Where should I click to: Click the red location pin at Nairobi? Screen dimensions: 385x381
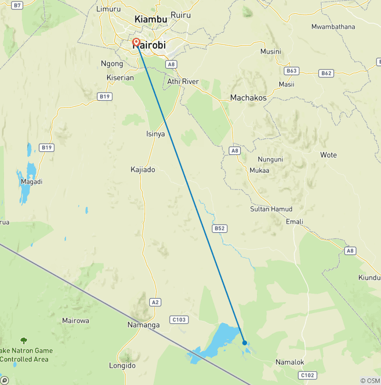coord(136,43)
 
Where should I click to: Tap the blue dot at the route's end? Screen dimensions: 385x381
coord(245,342)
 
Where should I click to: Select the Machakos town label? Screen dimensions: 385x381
coord(248,98)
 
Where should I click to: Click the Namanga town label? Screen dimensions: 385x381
coord(143,325)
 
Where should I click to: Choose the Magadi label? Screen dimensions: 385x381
coord(32,182)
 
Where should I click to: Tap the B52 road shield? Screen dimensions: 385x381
coord(219,229)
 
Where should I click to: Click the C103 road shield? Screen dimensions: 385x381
coord(179,320)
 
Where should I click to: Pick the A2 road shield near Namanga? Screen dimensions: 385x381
coord(156,302)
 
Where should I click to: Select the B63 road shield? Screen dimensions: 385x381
coord(291,71)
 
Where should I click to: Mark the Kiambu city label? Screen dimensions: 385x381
coord(151,19)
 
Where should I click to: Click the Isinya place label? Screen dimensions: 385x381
coord(155,134)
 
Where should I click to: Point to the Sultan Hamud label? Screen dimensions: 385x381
coord(271,209)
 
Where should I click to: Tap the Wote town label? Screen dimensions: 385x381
coord(328,155)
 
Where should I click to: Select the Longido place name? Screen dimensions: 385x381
coord(122,366)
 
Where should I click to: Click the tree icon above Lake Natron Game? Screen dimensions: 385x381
coord(23,340)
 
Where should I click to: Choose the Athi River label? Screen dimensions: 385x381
coord(183,81)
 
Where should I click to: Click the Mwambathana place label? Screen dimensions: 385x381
coord(333,26)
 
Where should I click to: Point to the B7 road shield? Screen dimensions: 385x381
coord(17,5)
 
